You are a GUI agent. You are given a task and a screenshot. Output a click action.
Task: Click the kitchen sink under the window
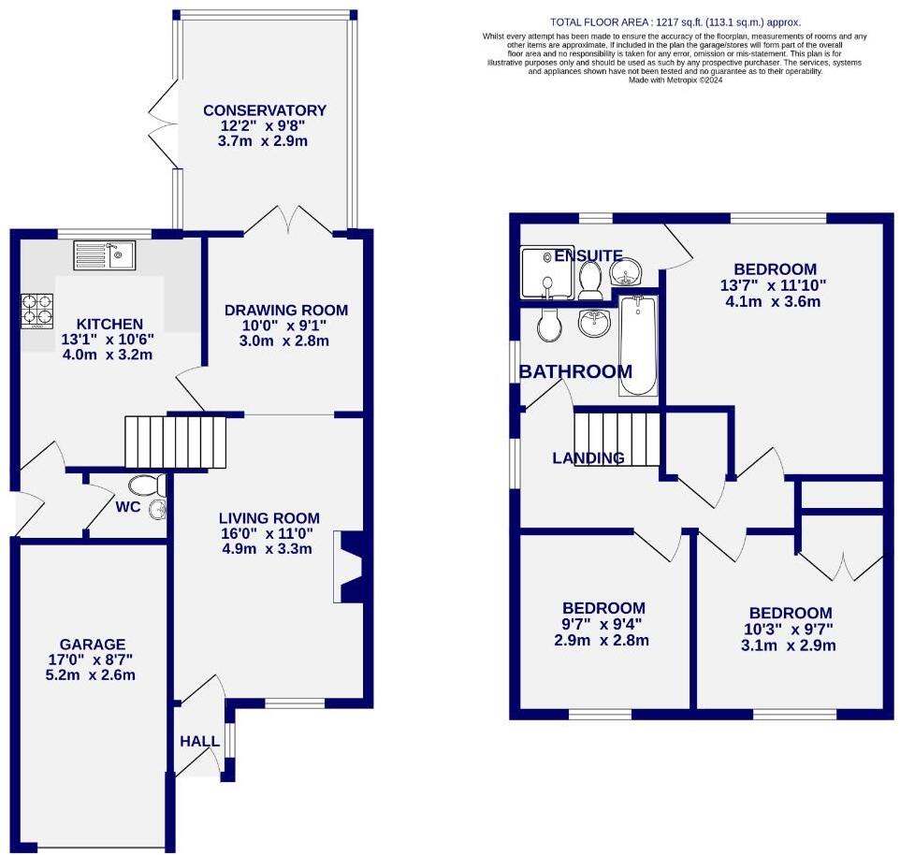[105, 254]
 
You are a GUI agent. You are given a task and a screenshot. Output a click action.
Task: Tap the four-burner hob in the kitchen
[37, 311]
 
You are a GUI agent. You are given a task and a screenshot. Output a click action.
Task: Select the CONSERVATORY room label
[265, 110]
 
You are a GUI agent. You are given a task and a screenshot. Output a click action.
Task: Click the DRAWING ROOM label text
[285, 310]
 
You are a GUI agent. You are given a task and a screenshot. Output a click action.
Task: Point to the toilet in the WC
[147, 485]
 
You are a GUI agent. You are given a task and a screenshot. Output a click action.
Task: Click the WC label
[129, 507]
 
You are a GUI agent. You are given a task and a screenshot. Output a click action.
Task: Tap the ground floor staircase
[176, 442]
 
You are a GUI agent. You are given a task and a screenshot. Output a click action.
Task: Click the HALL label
[199, 742]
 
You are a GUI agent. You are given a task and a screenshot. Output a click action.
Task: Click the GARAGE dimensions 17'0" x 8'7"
[92, 659]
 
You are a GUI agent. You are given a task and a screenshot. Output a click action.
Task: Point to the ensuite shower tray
[539, 271]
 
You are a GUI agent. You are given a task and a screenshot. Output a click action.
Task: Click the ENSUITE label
[588, 255]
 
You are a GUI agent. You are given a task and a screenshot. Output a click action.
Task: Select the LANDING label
[588, 458]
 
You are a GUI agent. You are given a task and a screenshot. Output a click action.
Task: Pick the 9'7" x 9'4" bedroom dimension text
[602, 624]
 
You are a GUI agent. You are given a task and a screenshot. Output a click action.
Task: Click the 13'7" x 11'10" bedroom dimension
[773, 285]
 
